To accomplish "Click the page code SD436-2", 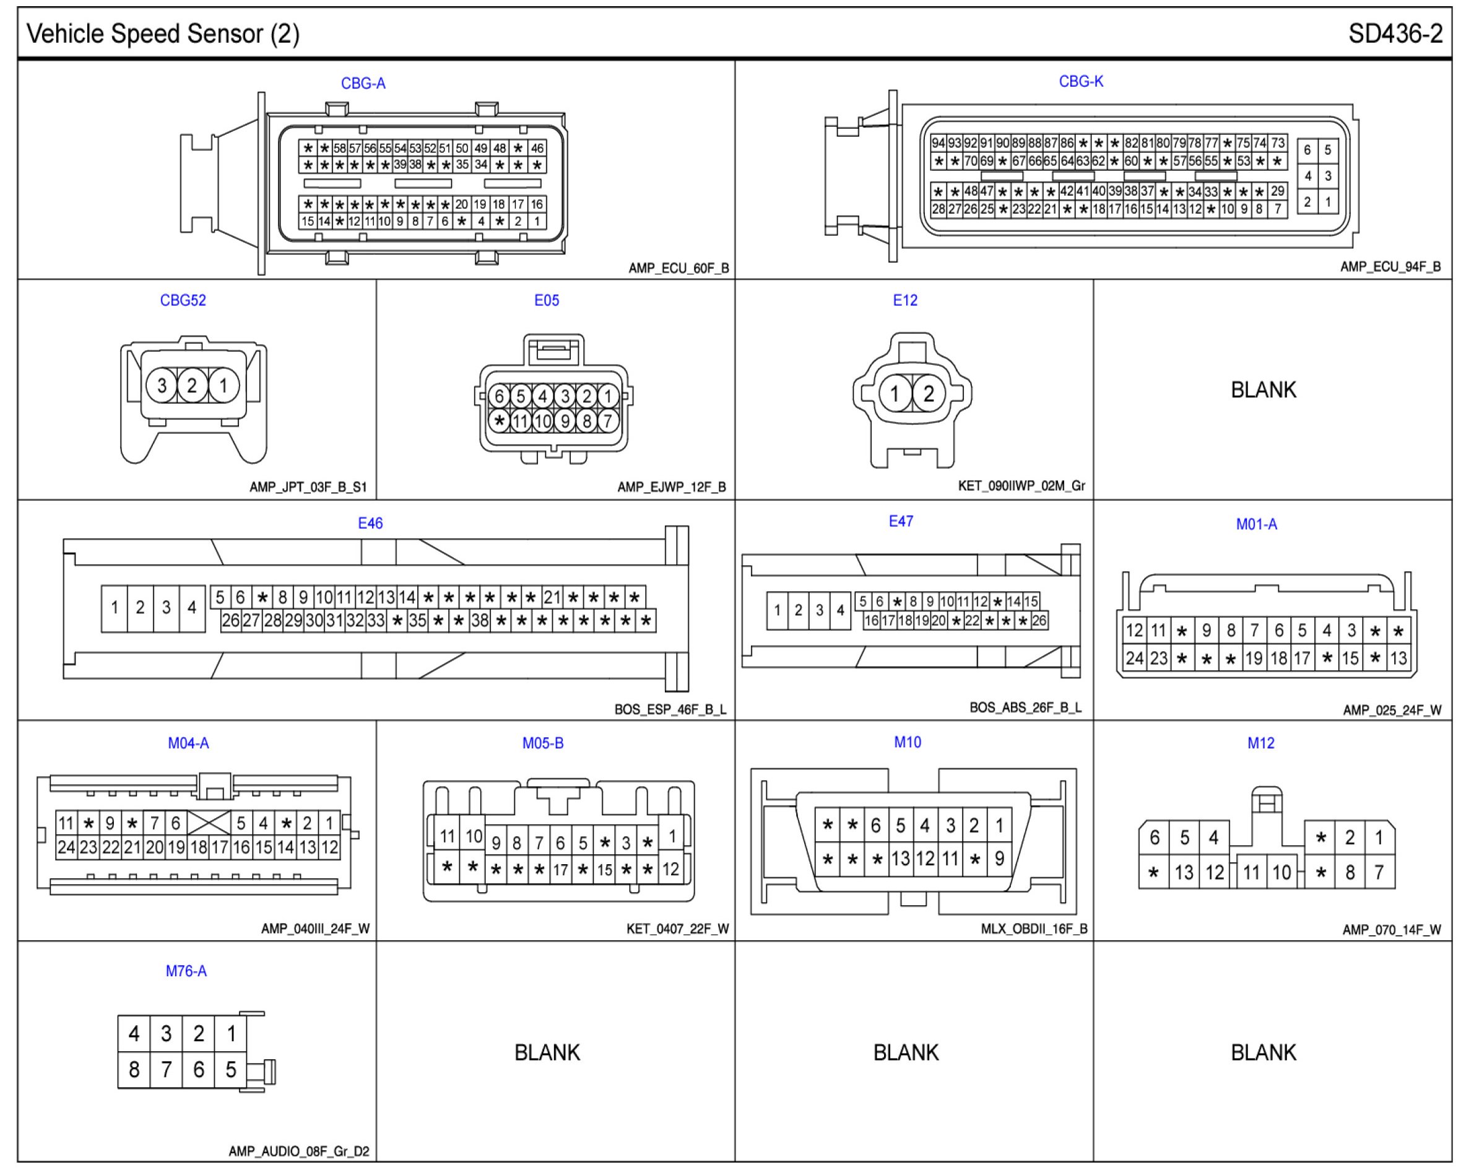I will (x=1395, y=34).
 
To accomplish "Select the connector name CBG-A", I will (x=363, y=84).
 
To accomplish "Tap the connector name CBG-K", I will (x=1081, y=81).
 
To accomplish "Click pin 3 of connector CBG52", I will (x=162, y=386).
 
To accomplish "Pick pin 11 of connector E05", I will (x=520, y=422).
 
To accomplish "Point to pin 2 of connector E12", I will (x=929, y=393).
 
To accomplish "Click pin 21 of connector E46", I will (x=552, y=597).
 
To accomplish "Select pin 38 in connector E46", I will (x=480, y=620).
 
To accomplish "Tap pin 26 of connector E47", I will (x=1039, y=620).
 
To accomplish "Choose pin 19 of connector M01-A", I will (x=1254, y=658).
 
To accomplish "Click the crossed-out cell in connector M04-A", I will (x=208, y=823).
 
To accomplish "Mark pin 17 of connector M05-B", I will (x=560, y=870).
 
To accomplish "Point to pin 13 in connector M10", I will (x=900, y=859).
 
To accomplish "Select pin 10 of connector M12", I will (x=1281, y=873).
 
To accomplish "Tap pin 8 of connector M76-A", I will (x=134, y=1070).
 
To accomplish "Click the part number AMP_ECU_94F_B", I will (x=1390, y=267).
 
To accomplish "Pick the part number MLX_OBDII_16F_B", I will (x=1033, y=929).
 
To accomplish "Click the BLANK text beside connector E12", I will (x=1263, y=390).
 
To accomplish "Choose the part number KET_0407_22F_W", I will (x=677, y=929).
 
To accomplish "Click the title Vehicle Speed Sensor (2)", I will (x=163, y=34).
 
